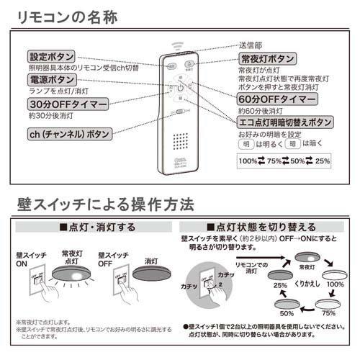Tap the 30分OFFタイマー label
[68, 105]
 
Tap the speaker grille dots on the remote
[181, 138]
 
